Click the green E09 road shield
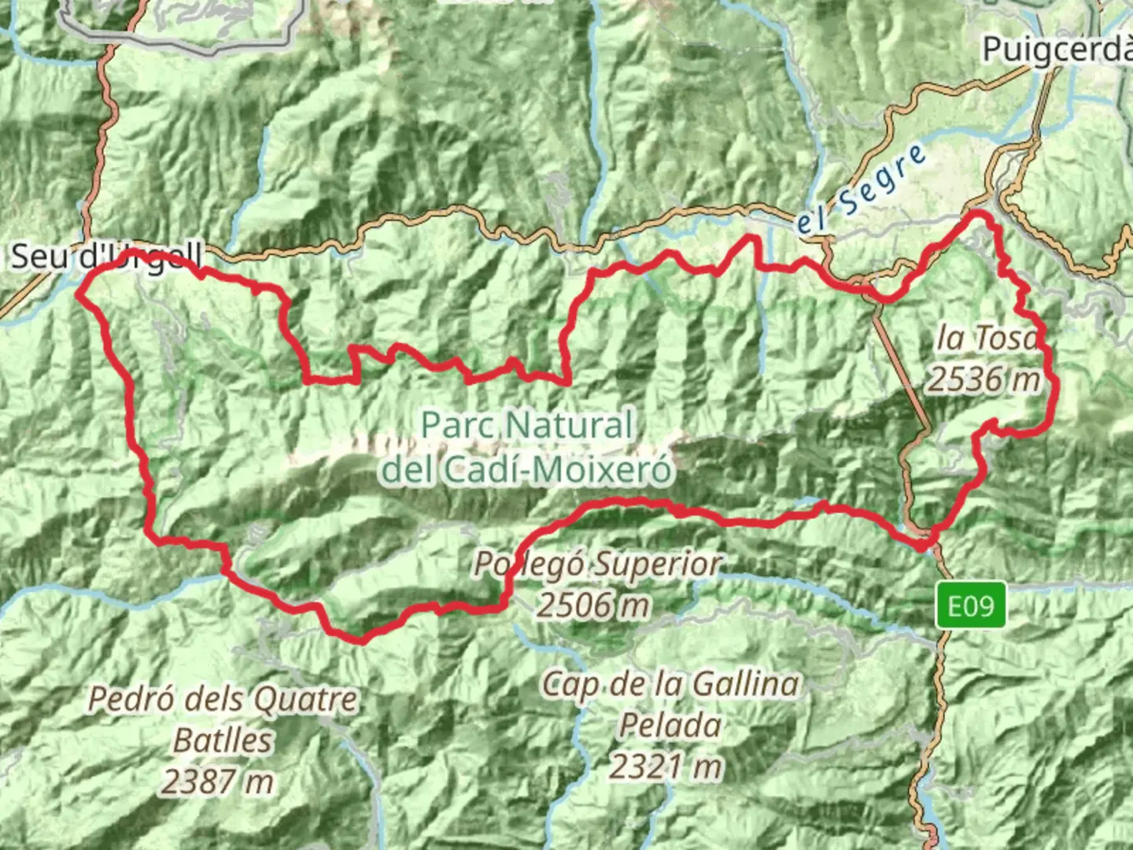[971, 606]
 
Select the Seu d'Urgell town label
[106, 257]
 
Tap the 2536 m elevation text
[984, 379]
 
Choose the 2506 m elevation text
[594, 605]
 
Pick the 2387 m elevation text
[219, 782]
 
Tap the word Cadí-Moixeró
[557, 470]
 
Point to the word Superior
[658, 564]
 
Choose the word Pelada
[670, 725]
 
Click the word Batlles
[223, 741]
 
